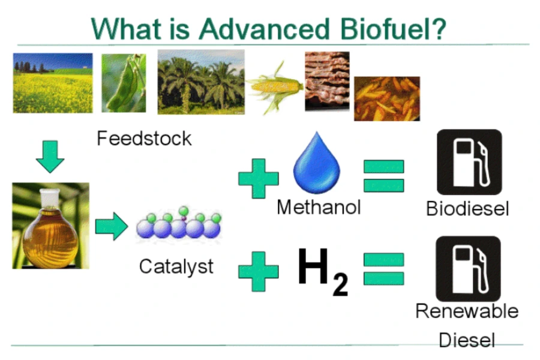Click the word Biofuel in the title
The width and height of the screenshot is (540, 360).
coord(393,29)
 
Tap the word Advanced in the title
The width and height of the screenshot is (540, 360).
coord(264,29)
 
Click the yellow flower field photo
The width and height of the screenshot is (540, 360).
coord(53,83)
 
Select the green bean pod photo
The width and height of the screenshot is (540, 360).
coord(124,83)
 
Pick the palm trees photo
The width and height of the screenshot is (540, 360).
coord(201,82)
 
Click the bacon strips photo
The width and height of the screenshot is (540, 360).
coord(327,82)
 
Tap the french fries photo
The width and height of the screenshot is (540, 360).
coord(387,98)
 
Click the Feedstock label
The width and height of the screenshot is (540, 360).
coord(144,139)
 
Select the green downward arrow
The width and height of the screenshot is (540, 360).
coord(50,157)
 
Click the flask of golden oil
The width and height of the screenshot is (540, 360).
coord(50,226)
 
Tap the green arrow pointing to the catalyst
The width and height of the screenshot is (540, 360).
coord(112,226)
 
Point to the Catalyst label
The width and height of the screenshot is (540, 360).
coord(176,266)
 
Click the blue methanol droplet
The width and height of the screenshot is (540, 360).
coord(316,163)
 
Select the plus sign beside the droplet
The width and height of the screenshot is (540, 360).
coord(258,178)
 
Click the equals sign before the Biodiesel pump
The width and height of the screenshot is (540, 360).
coord(383,176)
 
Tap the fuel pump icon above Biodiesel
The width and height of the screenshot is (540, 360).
coord(469,162)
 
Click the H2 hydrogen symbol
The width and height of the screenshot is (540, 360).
coord(323,271)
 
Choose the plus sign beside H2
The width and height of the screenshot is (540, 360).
coord(258,271)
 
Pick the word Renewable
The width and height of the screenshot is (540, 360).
coord(467,311)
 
